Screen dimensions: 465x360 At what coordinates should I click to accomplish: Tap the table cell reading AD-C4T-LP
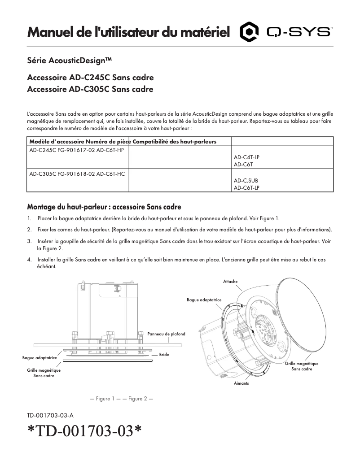tap(246, 158)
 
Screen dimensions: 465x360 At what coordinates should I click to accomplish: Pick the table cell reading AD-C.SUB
tap(246, 181)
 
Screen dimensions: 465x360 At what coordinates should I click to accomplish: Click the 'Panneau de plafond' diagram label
tap(166, 334)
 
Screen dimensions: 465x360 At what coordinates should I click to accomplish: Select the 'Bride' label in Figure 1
tap(164, 354)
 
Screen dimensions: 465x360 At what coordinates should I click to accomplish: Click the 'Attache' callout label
tap(230, 281)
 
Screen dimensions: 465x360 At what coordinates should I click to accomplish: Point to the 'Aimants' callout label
tap(241, 384)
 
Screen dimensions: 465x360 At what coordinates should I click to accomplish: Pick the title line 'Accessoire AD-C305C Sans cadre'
tap(90, 89)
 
